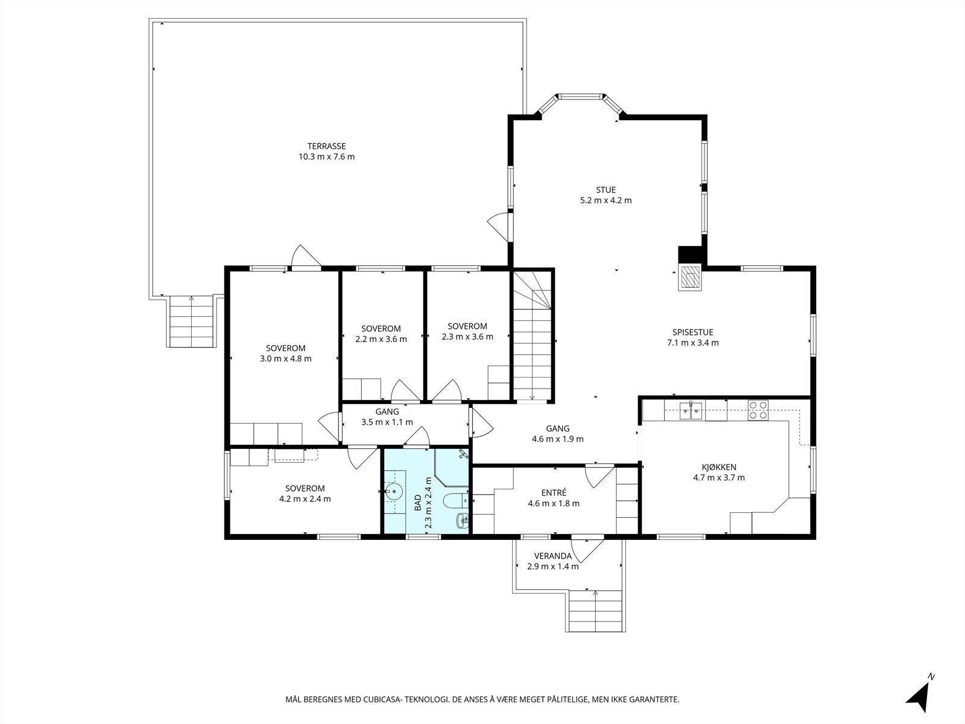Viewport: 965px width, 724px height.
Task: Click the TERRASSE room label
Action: [x=326, y=146]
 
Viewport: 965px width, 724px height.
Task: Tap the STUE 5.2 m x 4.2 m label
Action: [x=606, y=195]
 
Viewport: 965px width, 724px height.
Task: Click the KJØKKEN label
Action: [x=719, y=467]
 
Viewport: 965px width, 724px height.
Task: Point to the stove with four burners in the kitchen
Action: [x=758, y=410]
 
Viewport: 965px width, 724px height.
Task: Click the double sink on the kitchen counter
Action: [x=691, y=411]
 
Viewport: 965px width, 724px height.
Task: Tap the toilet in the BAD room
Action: [x=454, y=500]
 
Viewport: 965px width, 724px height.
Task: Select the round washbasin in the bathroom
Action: [x=394, y=492]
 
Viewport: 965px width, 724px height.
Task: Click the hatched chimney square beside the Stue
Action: [x=690, y=278]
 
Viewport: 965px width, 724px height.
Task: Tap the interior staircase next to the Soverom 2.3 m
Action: [x=532, y=338]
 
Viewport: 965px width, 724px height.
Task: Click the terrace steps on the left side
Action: [x=192, y=322]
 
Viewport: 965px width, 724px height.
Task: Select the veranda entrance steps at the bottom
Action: [x=595, y=611]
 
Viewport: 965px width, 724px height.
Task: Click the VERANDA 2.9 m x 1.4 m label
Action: [x=552, y=561]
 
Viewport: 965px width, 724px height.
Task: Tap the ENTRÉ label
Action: [x=554, y=493]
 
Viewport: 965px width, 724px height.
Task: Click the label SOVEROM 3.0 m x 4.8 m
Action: [x=285, y=353]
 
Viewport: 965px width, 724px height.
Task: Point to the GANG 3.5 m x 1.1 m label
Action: [x=387, y=417]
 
